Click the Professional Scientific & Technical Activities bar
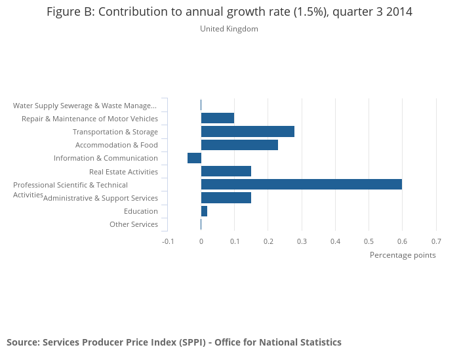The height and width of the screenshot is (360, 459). [x=301, y=184]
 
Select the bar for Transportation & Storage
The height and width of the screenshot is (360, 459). [x=247, y=132]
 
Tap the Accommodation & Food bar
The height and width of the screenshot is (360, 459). [x=239, y=145]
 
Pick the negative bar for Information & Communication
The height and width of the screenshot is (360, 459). [x=194, y=158]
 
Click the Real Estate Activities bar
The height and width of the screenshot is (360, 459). [x=226, y=171]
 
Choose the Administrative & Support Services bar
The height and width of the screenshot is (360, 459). [x=226, y=198]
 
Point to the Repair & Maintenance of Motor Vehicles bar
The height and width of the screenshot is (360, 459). [x=217, y=118]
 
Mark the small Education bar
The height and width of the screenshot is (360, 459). [x=204, y=211]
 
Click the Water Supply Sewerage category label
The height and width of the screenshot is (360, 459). [x=85, y=106]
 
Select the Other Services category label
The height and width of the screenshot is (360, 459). [x=134, y=224]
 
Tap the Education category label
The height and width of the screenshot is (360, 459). [x=141, y=211]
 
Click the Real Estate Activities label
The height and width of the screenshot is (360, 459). [x=123, y=172]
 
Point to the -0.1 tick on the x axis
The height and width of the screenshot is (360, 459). [x=168, y=241]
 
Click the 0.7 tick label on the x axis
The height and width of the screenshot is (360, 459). [x=436, y=241]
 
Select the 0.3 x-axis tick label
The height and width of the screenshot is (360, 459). [x=302, y=241]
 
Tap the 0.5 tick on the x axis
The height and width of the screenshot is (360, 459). [x=369, y=241]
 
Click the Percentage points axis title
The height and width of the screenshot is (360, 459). [x=403, y=255]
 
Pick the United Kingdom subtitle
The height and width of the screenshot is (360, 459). [x=229, y=29]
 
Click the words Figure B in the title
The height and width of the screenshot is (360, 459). [x=70, y=12]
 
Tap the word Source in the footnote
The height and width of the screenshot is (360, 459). [x=22, y=342]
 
